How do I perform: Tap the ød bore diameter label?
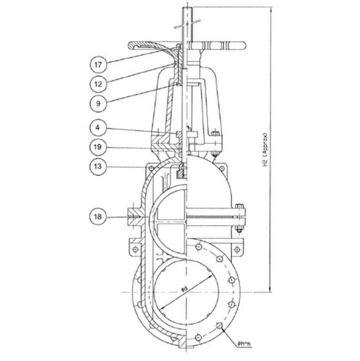tap(184, 289)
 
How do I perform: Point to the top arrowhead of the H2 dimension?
tap(270, 9)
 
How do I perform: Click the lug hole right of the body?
tap(237, 249)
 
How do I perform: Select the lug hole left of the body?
tap(135, 249)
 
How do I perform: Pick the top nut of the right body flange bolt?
tap(239, 206)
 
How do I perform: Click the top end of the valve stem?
tap(187, 8)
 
